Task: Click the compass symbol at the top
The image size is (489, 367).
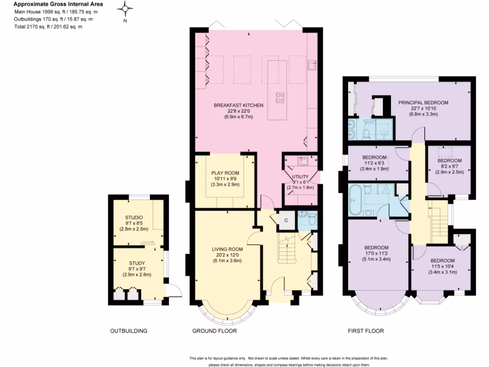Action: click(x=125, y=8)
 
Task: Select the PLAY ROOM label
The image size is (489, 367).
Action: click(x=225, y=173)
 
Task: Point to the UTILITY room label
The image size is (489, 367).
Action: click(x=300, y=176)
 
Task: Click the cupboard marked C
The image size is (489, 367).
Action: click(x=286, y=220)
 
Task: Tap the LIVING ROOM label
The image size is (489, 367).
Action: click(x=227, y=249)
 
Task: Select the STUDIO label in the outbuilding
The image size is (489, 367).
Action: click(x=134, y=217)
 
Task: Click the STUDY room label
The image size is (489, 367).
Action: click(x=137, y=263)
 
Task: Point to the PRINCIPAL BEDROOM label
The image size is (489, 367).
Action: click(x=423, y=102)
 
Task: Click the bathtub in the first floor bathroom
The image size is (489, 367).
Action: click(x=356, y=200)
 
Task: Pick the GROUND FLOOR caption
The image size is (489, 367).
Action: click(x=214, y=331)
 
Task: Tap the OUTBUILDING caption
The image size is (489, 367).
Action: click(x=128, y=331)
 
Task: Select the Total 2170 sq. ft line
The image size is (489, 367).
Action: click(x=48, y=27)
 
